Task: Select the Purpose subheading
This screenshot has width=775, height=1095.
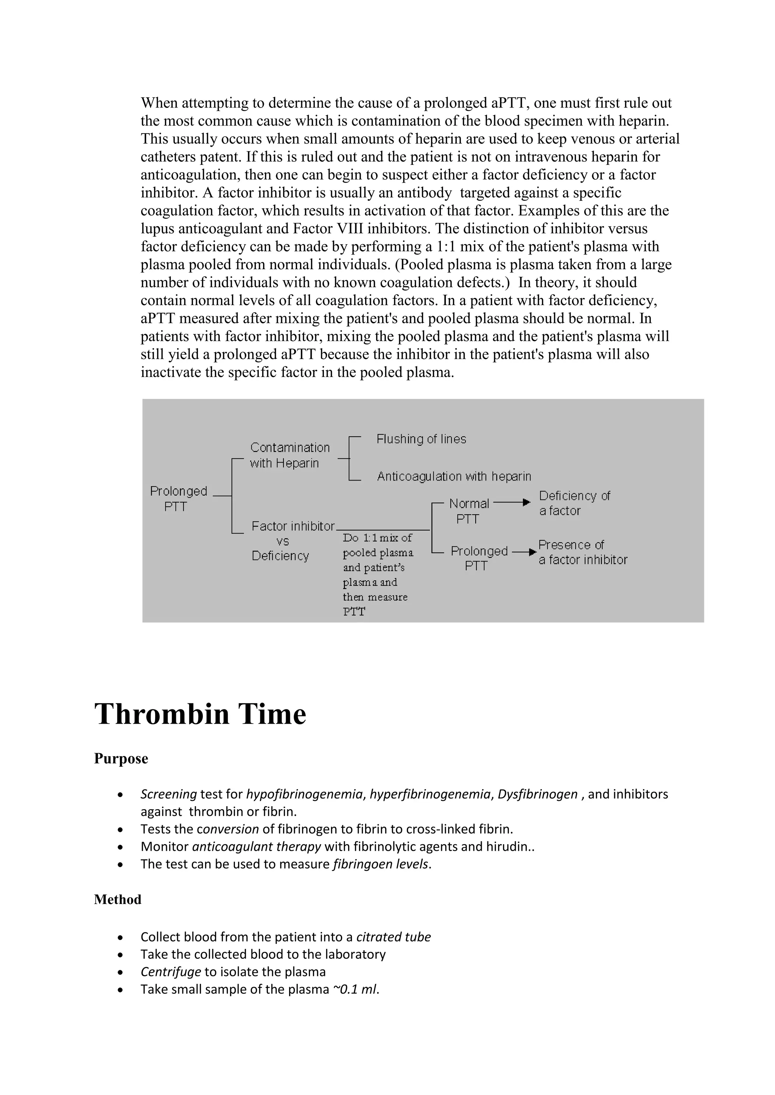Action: tap(121, 759)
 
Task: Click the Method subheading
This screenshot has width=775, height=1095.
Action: tap(117, 900)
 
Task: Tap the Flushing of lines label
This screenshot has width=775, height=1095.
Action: tap(421, 439)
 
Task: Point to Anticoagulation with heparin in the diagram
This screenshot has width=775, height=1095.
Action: tap(454, 476)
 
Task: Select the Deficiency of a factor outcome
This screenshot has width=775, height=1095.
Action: tap(574, 503)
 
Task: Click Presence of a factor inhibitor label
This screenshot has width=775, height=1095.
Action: tap(582, 552)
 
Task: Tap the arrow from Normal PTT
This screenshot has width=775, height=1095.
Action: tap(512, 502)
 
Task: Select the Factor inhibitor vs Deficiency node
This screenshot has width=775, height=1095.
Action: tap(292, 541)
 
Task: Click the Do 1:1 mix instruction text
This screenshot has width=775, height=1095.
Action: tap(377, 574)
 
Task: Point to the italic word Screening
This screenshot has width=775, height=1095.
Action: tap(168, 794)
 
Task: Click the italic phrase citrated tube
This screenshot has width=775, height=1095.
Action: tap(393, 937)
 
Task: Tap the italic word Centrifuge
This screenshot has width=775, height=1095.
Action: tap(170, 972)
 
